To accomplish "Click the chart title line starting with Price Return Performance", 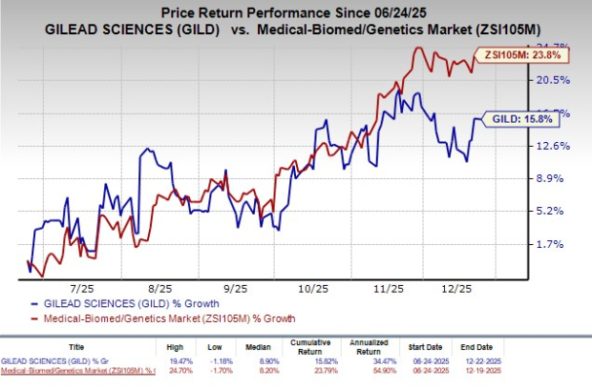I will click(296, 13).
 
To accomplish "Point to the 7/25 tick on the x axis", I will click(80, 286).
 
